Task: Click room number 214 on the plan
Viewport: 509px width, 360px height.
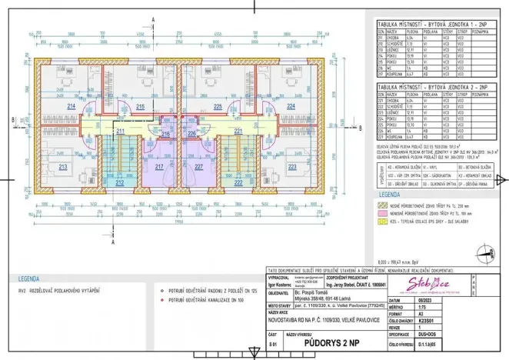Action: pyautogui.click(x=72, y=107)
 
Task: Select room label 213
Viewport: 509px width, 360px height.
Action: pyautogui.click(x=63, y=166)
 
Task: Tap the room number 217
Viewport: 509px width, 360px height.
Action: pyautogui.click(x=159, y=167)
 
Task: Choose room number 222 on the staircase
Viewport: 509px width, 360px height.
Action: pyautogui.click(x=238, y=184)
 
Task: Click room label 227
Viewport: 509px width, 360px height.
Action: pyautogui.click(x=199, y=167)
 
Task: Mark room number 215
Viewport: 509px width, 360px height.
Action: pyautogui.click(x=141, y=107)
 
